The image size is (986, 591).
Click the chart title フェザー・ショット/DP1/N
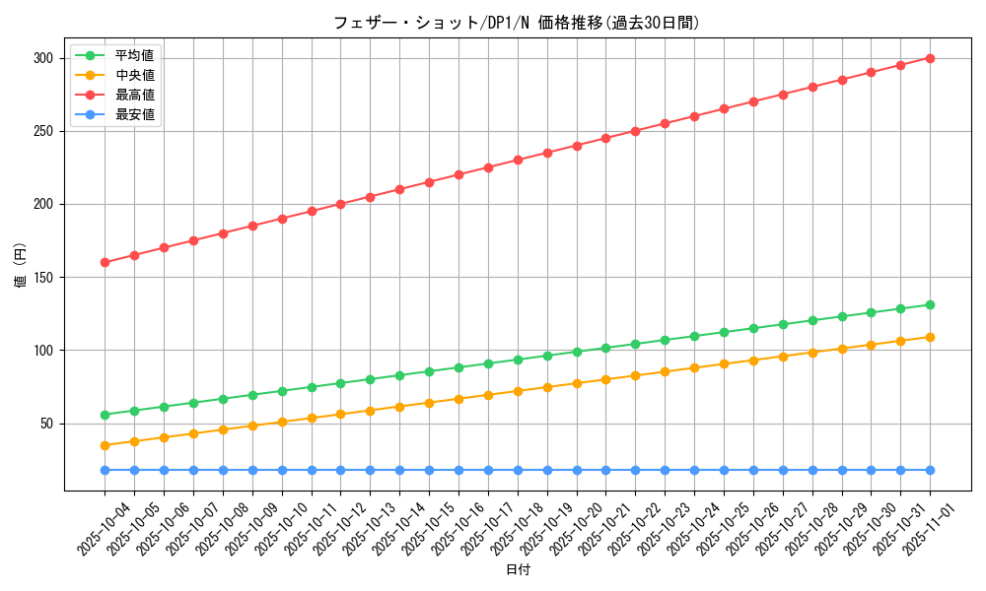(x=517, y=23)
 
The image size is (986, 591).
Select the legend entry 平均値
(x=135, y=55)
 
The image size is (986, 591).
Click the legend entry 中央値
(x=135, y=75)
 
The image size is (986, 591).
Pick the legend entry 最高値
(x=135, y=95)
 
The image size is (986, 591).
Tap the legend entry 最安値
(x=135, y=114)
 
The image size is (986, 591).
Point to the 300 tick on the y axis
(x=42, y=58)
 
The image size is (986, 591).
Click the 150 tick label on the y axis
(x=42, y=277)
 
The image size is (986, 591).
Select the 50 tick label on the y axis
(x=45, y=424)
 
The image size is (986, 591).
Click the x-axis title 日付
(x=517, y=570)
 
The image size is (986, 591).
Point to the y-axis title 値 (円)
(x=21, y=266)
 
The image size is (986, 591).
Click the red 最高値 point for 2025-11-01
(x=930, y=58)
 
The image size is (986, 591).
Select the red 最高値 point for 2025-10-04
(x=105, y=262)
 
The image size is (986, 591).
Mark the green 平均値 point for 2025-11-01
(x=930, y=304)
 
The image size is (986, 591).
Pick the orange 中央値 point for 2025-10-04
(x=105, y=445)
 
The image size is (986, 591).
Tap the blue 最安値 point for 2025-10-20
(x=577, y=470)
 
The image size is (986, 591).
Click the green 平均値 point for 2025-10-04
(x=105, y=415)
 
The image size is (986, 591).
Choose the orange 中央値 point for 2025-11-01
(x=930, y=337)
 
